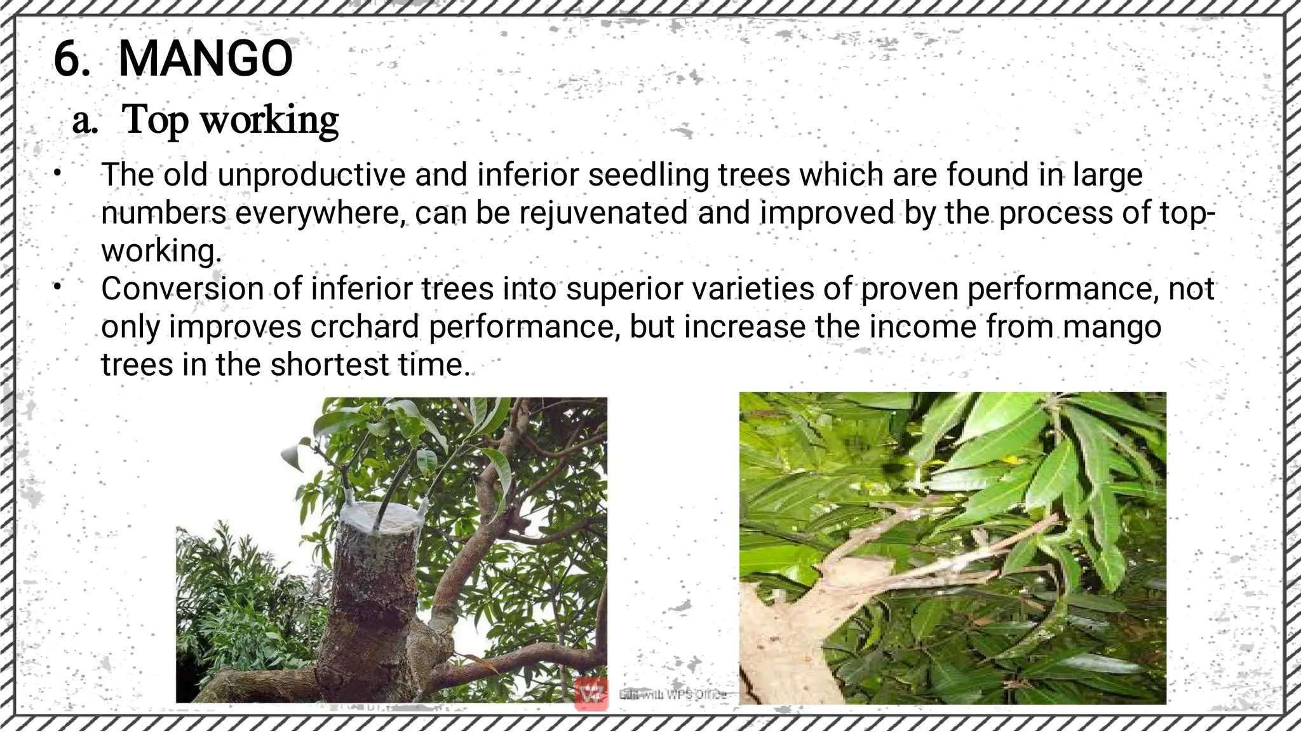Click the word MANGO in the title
[x=205, y=59]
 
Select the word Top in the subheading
[x=154, y=120]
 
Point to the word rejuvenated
[x=603, y=212]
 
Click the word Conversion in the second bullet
[x=182, y=289]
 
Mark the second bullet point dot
[x=57, y=287]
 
